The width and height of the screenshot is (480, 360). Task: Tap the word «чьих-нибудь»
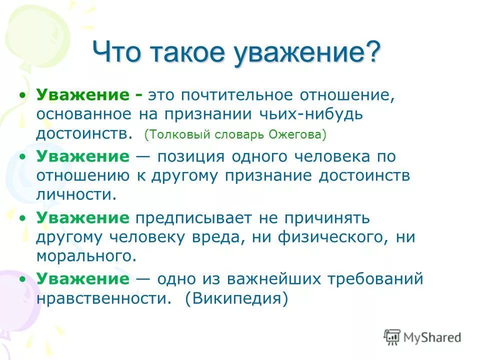tap(310, 114)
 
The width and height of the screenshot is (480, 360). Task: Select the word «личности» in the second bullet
tap(73, 194)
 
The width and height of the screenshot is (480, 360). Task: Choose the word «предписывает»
tap(193, 218)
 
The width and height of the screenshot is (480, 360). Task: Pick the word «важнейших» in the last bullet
tap(274, 279)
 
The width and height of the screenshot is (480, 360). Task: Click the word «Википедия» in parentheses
tap(236, 298)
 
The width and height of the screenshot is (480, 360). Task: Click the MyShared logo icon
tap(392, 337)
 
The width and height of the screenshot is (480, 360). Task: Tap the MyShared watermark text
tap(432, 337)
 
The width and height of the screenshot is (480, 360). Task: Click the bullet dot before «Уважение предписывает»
tap(22, 218)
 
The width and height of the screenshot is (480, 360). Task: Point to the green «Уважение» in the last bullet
tap(82, 279)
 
